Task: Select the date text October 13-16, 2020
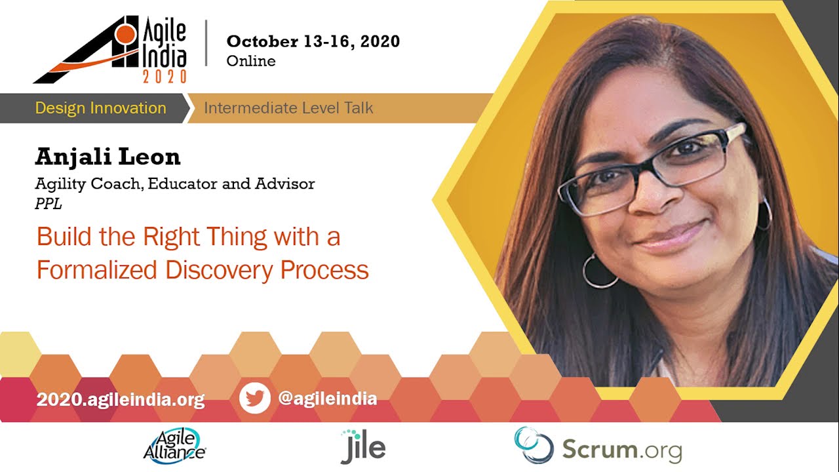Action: [313, 41]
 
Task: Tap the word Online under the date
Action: [251, 61]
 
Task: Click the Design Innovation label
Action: [101, 108]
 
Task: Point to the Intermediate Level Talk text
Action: [288, 108]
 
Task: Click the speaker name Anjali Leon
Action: [108, 157]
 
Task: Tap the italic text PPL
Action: [49, 204]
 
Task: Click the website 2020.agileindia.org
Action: [121, 400]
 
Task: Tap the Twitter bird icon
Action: [255, 398]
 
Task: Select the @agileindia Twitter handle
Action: [327, 398]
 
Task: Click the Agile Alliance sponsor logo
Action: [175, 446]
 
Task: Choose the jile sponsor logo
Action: [363, 446]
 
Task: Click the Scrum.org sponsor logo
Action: [598, 446]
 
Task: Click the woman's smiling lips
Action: [671, 237]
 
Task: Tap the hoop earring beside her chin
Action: [599, 271]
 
